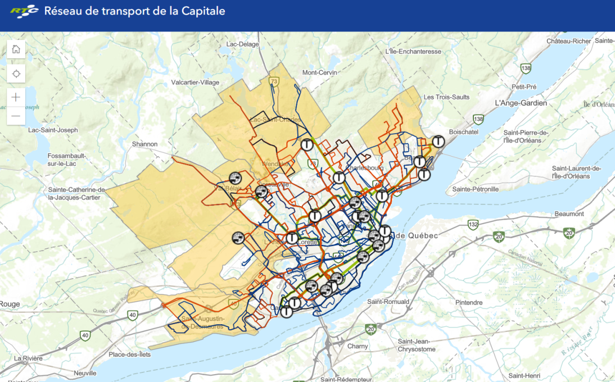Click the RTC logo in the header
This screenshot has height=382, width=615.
pyautogui.click(x=24, y=11)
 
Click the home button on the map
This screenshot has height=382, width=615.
pyautogui.click(x=16, y=49)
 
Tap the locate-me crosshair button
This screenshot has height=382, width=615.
pyautogui.click(x=16, y=74)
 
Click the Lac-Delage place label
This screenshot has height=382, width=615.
pyautogui.click(x=242, y=44)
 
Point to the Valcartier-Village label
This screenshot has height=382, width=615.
pyautogui.click(x=195, y=83)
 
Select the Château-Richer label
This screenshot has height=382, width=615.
pyautogui.click(x=569, y=41)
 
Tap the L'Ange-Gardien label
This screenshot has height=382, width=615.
pyautogui.click(x=521, y=103)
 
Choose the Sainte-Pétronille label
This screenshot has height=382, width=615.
pyautogui.click(x=476, y=189)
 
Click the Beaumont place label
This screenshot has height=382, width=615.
pyautogui.click(x=569, y=214)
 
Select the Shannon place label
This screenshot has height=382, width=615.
pyautogui.click(x=144, y=144)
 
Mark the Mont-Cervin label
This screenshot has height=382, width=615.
pyautogui.click(x=318, y=72)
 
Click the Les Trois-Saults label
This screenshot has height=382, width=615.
pyautogui.click(x=446, y=97)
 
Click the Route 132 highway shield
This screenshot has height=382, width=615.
pyautogui.click(x=473, y=225)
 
